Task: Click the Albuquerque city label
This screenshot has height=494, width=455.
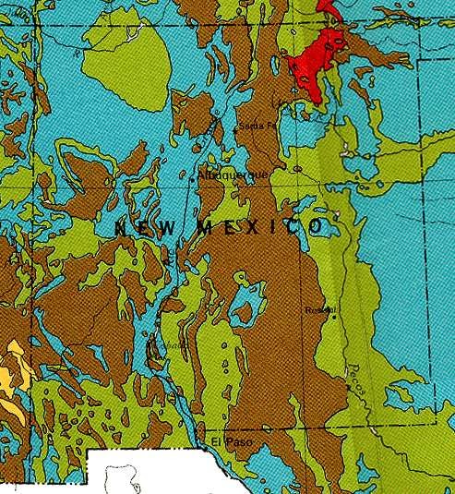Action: click(233, 174)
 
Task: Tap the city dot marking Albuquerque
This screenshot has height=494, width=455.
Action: click(192, 180)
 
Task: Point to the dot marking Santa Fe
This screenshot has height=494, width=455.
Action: click(236, 131)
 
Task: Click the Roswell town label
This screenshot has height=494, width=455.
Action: click(320, 310)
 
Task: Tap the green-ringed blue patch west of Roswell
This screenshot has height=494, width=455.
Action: click(246, 300)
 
